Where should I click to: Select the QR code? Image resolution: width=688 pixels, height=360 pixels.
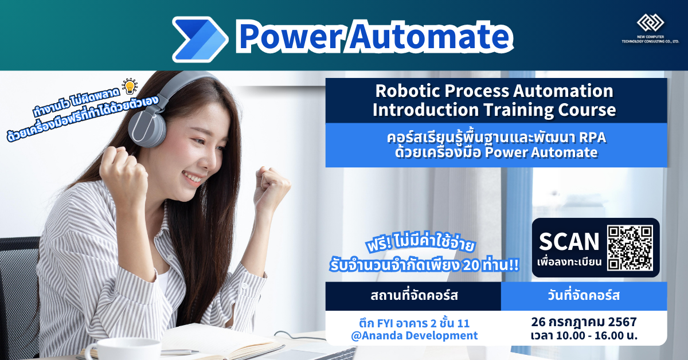[x=630, y=248]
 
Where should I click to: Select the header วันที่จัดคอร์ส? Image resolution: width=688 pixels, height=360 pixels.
[x=584, y=296]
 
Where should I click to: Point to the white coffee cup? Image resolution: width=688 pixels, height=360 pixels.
[x=114, y=348]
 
